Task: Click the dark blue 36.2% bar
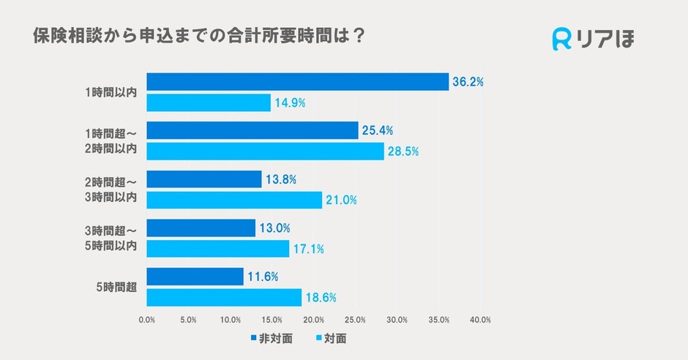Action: click(297, 82)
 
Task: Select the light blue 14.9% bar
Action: click(209, 102)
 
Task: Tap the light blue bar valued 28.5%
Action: click(265, 151)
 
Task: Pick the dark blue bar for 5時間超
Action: click(195, 277)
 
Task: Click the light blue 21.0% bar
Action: click(234, 200)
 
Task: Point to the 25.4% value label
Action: click(377, 131)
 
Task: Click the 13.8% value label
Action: click(280, 179)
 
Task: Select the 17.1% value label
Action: click(308, 250)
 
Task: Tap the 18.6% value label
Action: click(321, 298)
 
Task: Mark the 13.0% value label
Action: click(274, 228)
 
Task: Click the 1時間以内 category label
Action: click(111, 93)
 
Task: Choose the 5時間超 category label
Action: click(116, 288)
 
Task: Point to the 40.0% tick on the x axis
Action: click(480, 320)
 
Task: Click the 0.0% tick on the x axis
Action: click(146, 320)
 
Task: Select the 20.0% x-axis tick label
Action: click(313, 320)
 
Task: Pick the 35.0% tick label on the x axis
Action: click(438, 320)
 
